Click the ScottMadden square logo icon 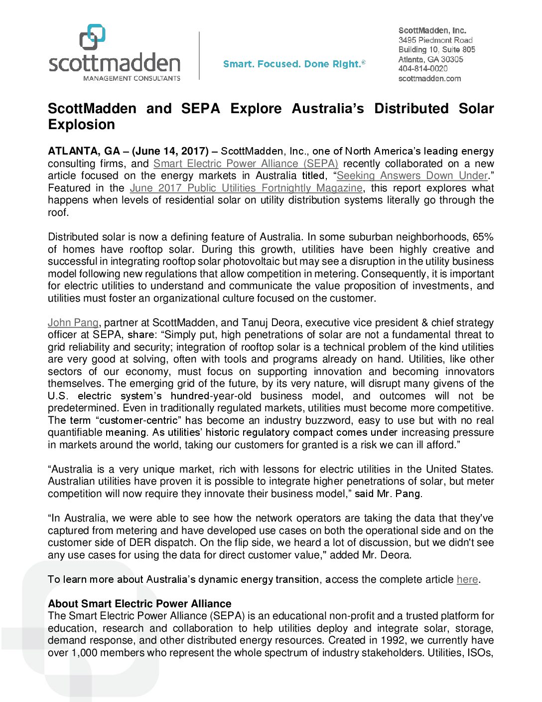click(x=93, y=37)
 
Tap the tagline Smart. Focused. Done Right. click(x=294, y=64)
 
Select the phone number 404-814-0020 click(x=422, y=69)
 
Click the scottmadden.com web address click(x=429, y=78)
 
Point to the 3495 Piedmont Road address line click(x=435, y=40)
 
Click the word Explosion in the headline click(x=81, y=125)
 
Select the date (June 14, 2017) click(x=170, y=151)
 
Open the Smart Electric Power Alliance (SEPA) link click(x=246, y=164)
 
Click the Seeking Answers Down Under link click(x=412, y=175)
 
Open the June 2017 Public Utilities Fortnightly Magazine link click(x=246, y=188)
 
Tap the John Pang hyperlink click(x=73, y=323)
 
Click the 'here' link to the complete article click(x=467, y=579)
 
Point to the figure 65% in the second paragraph click(x=483, y=237)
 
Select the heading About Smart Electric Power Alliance click(x=139, y=604)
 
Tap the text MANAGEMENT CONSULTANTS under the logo click(x=132, y=78)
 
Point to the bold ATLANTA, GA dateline click(x=84, y=151)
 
